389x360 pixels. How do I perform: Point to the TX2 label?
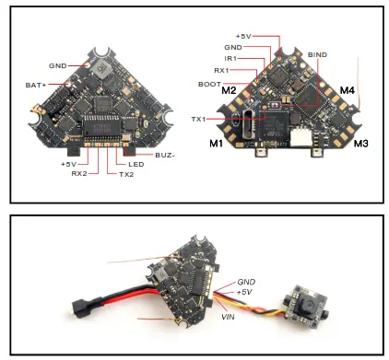126,173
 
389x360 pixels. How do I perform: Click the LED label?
135,164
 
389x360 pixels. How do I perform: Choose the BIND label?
318,55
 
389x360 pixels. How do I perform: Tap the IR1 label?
230,58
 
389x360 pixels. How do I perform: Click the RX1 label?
220,69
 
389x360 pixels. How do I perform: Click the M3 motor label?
360,144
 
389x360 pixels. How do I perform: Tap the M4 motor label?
348,90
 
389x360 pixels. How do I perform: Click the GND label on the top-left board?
59,66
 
